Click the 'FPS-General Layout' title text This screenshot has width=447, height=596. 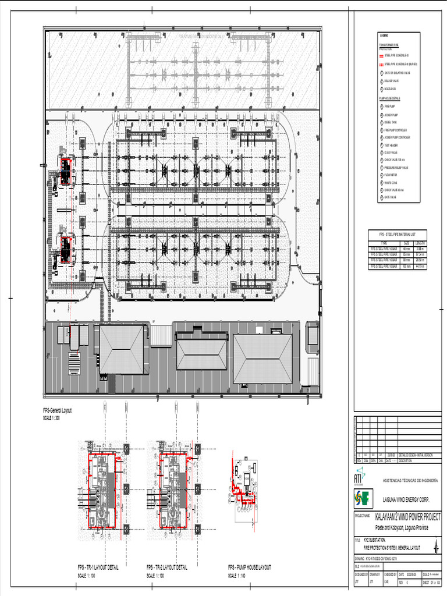coord(57,411)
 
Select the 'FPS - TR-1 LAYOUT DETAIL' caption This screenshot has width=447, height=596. coord(101,567)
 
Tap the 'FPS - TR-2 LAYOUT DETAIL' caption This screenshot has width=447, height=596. coord(166,567)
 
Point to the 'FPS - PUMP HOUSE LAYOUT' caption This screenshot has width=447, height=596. coord(249,567)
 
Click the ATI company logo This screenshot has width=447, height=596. coord(358,476)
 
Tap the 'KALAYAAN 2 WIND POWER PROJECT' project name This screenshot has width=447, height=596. coord(407,517)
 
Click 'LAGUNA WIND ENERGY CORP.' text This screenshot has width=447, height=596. coord(406,499)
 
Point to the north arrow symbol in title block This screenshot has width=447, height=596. coord(435,547)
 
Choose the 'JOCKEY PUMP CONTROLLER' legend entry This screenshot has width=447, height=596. coord(397,137)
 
